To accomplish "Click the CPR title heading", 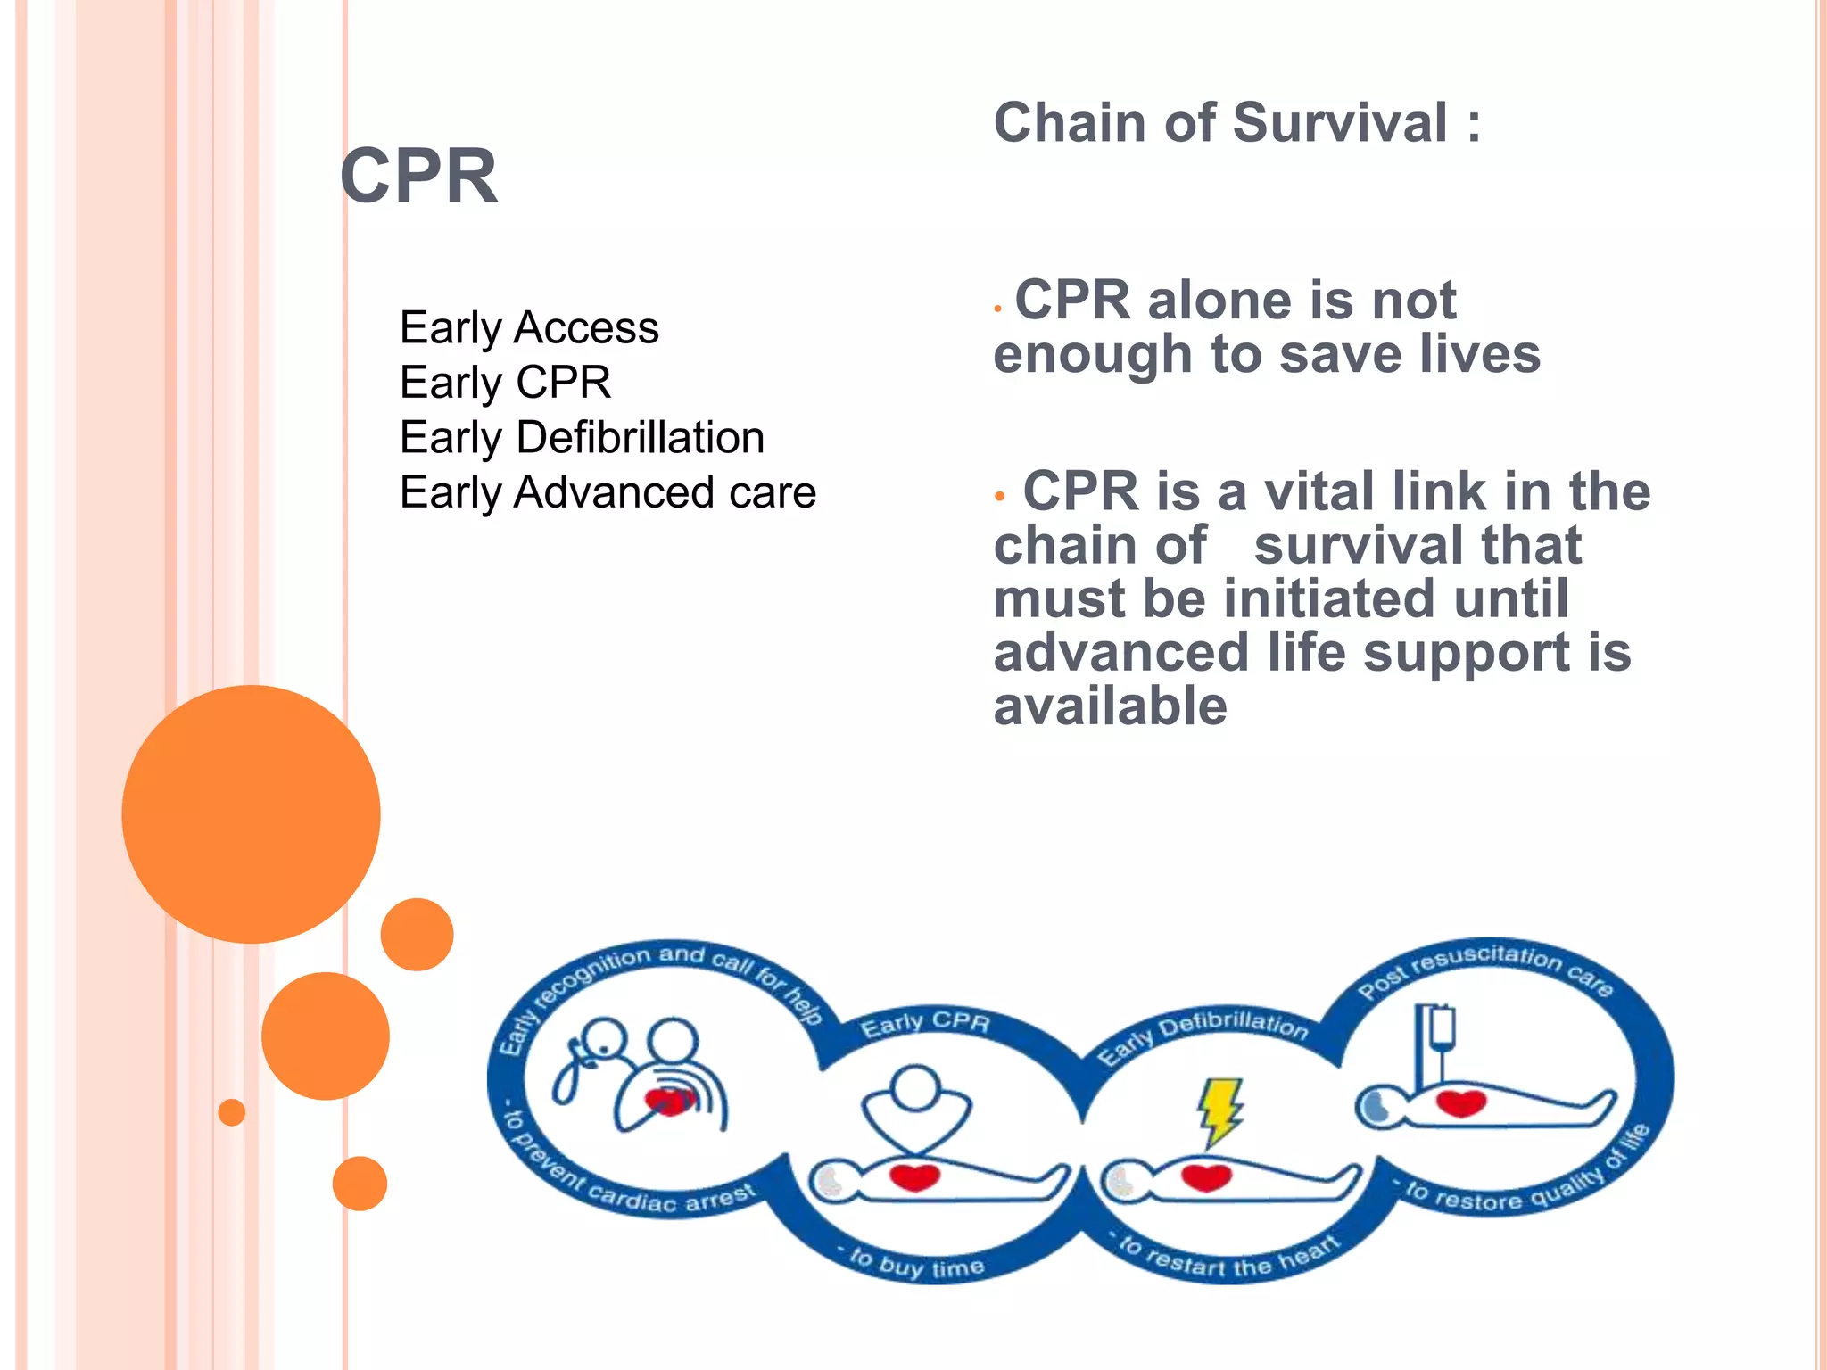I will [418, 177].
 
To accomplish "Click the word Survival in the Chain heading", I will [1341, 123].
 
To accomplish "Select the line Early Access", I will [529, 327].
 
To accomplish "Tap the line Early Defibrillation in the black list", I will [582, 437].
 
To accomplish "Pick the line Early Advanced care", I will [608, 492].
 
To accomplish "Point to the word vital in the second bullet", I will [1319, 491].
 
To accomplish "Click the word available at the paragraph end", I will [1111, 706].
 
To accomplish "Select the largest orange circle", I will [251, 813].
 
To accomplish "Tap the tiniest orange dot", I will [232, 1111].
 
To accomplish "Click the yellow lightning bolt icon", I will [1219, 1110].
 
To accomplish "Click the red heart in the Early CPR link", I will [914, 1177].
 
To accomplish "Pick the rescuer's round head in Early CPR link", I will [915, 1087].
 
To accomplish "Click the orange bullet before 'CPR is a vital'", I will [1000, 495].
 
